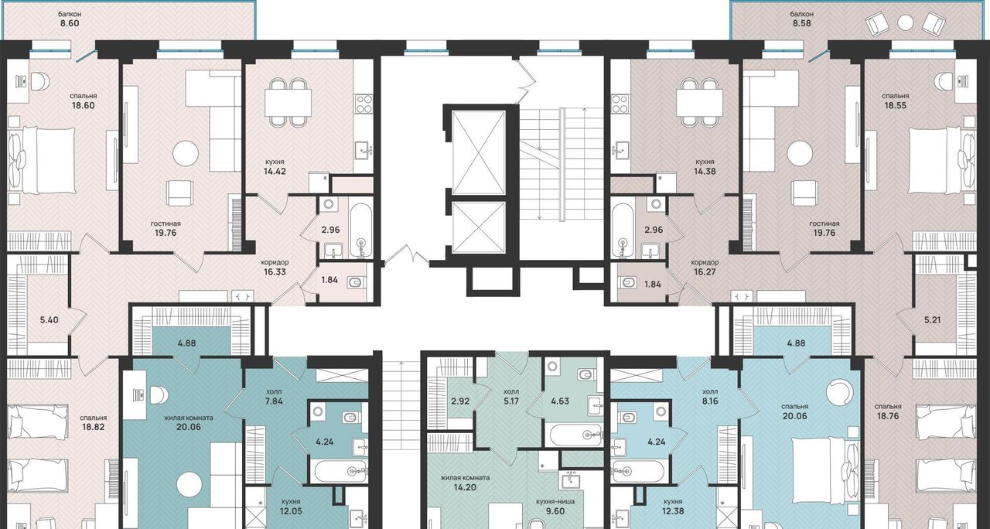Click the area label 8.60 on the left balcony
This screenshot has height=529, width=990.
point(70,23)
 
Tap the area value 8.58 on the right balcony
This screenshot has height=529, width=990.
point(802,23)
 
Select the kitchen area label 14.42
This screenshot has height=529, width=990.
point(275,171)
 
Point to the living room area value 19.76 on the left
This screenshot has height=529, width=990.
point(166,233)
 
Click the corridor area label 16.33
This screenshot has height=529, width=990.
point(275,271)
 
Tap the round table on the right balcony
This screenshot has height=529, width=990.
point(906,22)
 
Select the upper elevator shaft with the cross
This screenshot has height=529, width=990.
point(478,152)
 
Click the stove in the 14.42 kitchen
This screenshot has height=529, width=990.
point(364,104)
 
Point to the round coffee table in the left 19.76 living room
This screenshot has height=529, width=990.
point(186,153)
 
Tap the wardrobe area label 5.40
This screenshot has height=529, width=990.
point(49,320)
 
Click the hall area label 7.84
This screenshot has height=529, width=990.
point(274,401)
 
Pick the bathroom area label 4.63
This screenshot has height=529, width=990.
point(560,401)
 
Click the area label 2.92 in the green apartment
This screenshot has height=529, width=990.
point(460,401)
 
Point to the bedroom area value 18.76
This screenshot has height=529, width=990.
point(889,416)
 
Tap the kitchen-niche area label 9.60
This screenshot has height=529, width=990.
point(555,511)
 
